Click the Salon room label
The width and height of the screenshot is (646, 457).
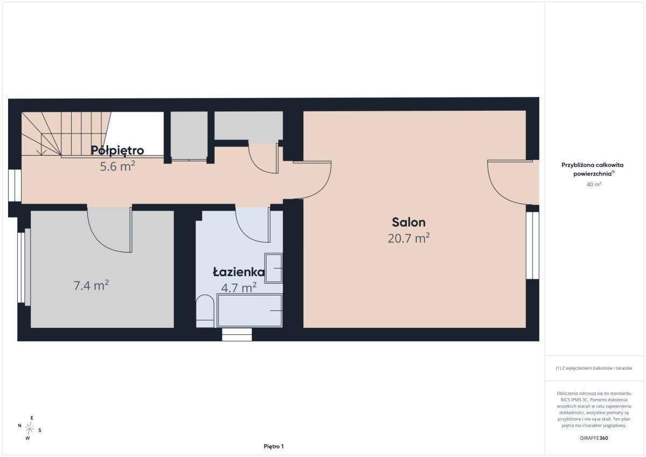409,222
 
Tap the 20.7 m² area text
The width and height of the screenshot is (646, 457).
409,238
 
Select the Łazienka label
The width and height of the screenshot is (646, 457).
239,272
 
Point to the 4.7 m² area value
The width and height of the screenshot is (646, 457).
239,287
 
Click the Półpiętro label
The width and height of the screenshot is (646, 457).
117,150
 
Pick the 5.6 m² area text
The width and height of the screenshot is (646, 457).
117,166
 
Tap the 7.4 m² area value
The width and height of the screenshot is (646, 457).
91,285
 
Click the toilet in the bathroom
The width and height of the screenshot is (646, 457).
205,311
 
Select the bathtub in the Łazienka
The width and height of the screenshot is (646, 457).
249,311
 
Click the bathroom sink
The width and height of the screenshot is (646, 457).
273,268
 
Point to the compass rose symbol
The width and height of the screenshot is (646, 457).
30,428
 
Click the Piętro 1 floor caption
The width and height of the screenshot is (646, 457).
273,446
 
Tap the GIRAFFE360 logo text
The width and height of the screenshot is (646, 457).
594,438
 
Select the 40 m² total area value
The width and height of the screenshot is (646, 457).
594,184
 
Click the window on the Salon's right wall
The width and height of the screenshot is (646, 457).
532,245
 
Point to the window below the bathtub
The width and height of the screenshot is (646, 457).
237,334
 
